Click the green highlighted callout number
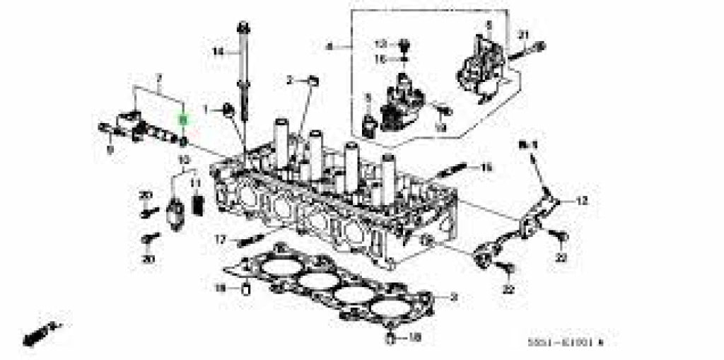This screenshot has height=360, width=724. point(182,121)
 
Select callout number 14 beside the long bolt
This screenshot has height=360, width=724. point(218,51)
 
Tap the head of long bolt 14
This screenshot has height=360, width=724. point(243,29)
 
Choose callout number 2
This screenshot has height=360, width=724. point(290,80)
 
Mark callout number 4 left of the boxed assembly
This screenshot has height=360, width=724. point(329,47)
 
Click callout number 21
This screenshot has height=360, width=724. point(524,35)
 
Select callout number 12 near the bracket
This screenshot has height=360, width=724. point(581,202)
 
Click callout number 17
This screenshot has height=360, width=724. point(221,240)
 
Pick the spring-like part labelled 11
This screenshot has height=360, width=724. point(198,205)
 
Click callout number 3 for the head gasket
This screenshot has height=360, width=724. point(455,298)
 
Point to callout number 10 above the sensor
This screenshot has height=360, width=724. point(185,161)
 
